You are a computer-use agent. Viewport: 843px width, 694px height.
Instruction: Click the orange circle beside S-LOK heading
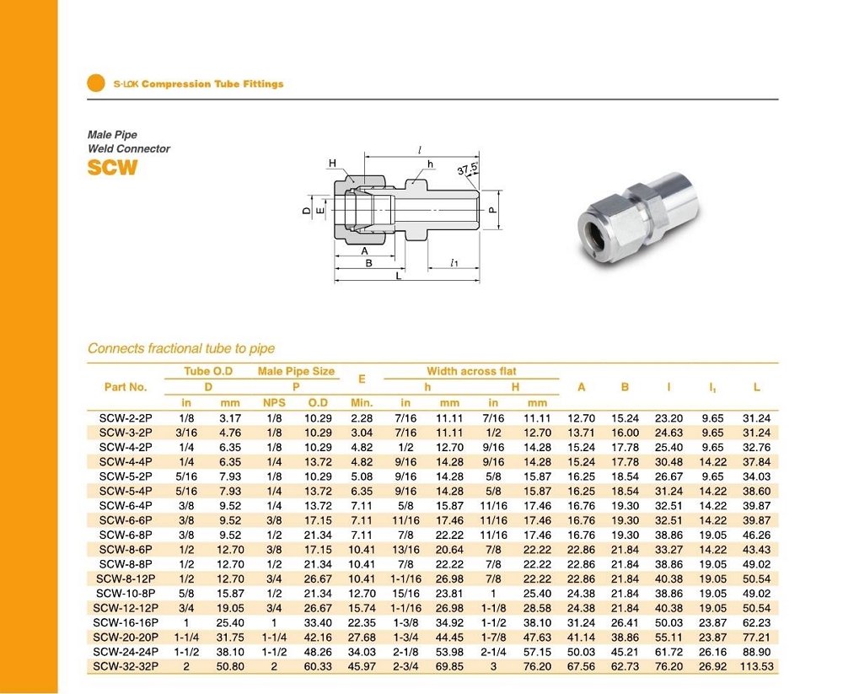coord(96,83)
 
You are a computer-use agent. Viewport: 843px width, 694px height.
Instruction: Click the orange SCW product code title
coord(112,167)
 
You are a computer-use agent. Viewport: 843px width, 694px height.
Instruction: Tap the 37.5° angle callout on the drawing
coord(468,169)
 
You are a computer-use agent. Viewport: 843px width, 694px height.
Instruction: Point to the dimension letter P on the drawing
coord(492,210)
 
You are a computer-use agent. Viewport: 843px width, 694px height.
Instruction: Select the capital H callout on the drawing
coord(332,163)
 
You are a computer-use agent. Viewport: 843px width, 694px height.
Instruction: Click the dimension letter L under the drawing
coord(399,276)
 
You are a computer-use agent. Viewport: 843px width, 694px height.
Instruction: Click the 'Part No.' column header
coord(126,387)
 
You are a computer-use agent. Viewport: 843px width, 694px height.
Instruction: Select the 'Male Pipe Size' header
coord(296,371)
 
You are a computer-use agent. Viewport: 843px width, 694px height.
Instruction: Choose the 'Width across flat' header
coord(471,371)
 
